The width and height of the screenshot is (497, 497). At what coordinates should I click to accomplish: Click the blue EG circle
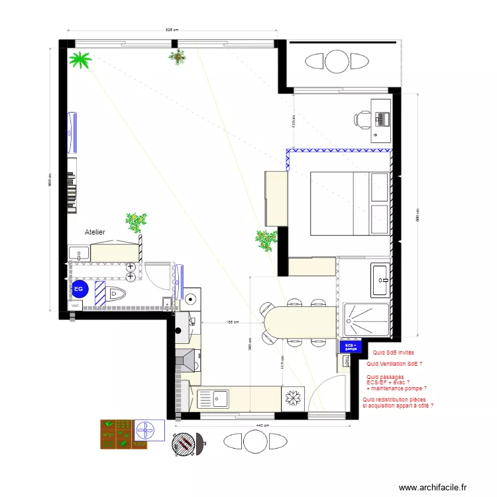click(79, 289)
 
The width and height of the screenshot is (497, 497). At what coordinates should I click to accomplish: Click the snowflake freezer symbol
click(292, 398)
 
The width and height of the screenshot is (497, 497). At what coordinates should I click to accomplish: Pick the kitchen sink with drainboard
click(213, 399)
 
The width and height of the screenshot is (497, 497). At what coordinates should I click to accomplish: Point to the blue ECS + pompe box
click(350, 347)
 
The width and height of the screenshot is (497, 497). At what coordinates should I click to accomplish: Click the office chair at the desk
click(363, 120)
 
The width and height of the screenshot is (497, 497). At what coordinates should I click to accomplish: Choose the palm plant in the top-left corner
click(82, 61)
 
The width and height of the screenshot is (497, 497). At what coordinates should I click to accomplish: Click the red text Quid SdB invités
click(394, 353)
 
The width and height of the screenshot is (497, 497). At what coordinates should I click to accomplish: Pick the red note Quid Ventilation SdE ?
click(394, 364)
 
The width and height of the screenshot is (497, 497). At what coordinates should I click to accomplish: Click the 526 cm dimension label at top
click(172, 30)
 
